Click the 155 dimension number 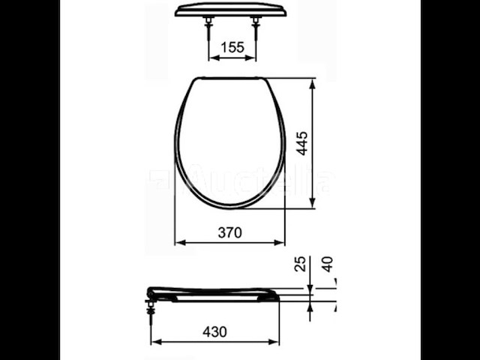click(232, 47)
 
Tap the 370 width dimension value click(229, 232)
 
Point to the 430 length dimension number click(214, 331)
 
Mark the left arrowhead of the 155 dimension click(210, 57)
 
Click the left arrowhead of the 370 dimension click(178, 242)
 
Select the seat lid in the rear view click(232, 9)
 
